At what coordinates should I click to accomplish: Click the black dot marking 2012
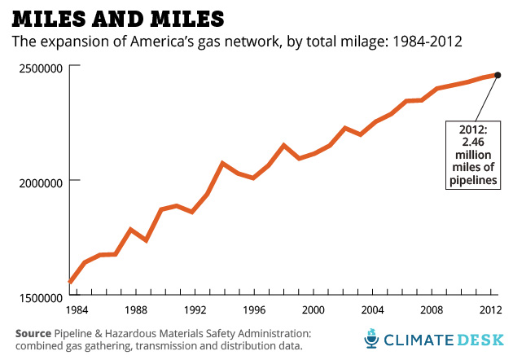pos(498,75)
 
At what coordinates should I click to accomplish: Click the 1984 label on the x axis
pos(77,310)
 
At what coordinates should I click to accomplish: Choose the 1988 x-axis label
pos(136,310)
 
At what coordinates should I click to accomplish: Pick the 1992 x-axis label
pos(195,310)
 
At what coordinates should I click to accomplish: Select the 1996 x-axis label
pos(254,310)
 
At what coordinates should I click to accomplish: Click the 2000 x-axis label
pos(313,310)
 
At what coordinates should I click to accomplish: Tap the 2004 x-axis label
pos(373,310)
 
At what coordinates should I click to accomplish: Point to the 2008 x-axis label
pos(432,310)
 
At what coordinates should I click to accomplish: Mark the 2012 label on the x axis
pos(490,310)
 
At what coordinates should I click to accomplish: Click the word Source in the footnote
pos(33,333)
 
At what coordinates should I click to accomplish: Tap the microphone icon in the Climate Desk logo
pos(370,337)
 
